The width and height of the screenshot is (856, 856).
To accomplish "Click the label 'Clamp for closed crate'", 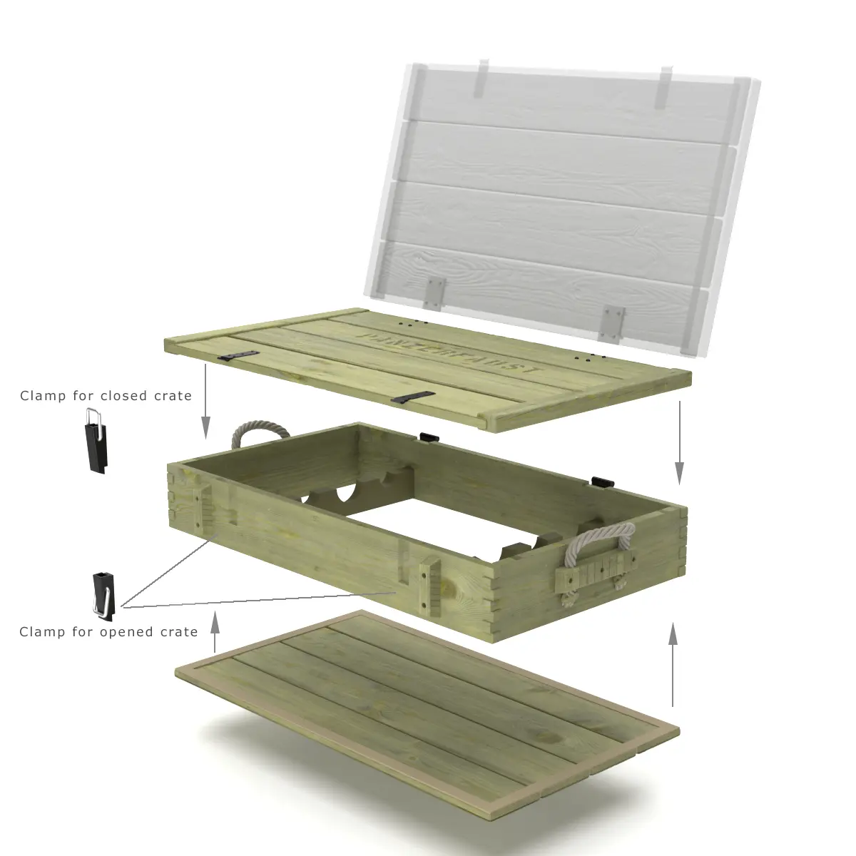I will (106, 396).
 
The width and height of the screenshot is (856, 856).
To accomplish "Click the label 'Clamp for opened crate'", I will (108, 632).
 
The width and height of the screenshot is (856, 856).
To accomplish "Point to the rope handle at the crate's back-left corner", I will (260, 432).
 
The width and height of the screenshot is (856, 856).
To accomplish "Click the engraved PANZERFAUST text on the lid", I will (449, 352).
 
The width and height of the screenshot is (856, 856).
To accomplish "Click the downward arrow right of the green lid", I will (679, 442).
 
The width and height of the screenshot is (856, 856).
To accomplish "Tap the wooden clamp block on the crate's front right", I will (430, 586).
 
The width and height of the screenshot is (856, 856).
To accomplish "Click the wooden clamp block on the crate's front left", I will (205, 510).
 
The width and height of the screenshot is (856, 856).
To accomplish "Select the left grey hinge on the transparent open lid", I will (434, 292).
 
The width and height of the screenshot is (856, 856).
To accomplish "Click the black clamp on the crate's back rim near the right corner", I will (601, 483).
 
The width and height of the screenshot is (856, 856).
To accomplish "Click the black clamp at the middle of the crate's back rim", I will (429, 437).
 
